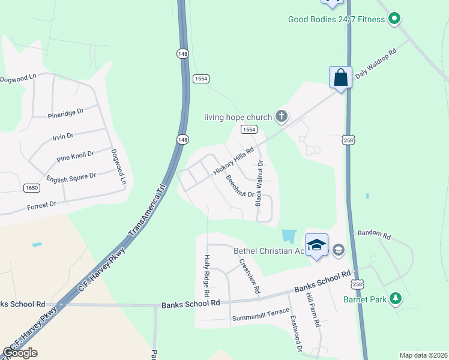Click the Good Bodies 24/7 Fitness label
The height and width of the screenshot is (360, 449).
(337, 19)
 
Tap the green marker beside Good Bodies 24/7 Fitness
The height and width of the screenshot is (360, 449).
(394, 19)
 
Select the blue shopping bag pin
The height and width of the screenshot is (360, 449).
(340, 78)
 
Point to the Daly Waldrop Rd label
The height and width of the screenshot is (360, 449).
(376, 65)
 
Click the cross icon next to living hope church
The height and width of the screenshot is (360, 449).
(280, 116)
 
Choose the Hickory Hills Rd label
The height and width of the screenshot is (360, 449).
(234, 160)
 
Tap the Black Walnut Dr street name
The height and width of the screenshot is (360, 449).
(259, 184)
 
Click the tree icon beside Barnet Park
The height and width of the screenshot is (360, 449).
(395, 298)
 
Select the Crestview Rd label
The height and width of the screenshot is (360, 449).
(250, 276)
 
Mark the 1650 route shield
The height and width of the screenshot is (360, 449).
(32, 188)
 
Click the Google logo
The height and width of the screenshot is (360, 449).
(20, 353)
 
